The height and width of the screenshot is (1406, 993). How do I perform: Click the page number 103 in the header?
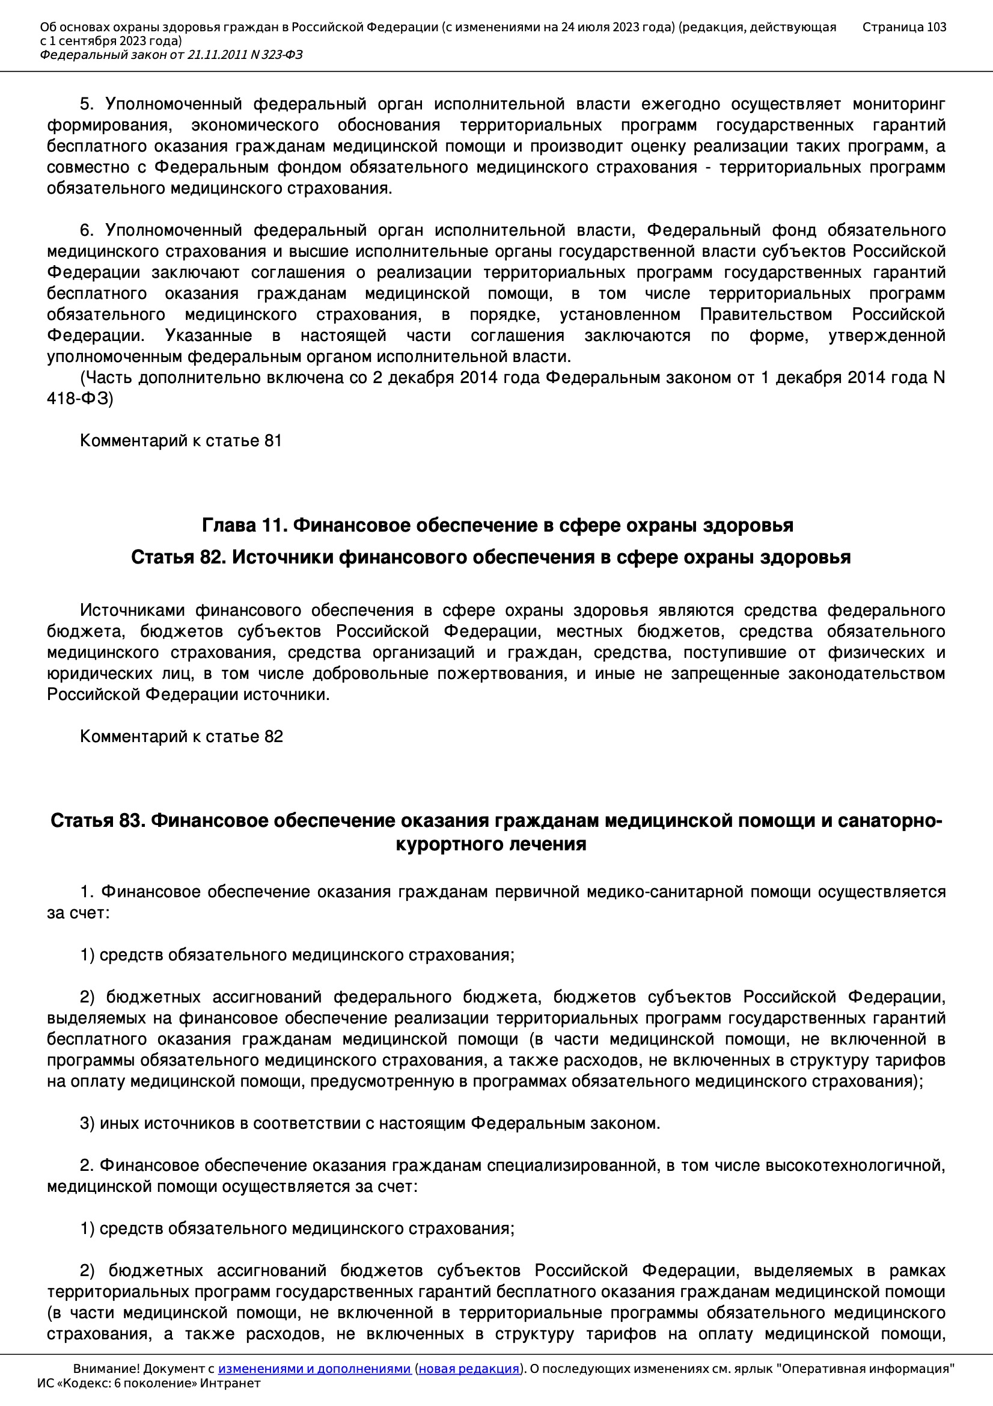pyautogui.click(x=936, y=27)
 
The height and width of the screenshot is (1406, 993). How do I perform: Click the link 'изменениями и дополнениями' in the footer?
pyautogui.click(x=314, y=1369)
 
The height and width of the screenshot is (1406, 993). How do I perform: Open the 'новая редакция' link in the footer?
pyautogui.click(x=468, y=1369)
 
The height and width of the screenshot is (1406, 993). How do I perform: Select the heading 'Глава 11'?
pyautogui.click(x=245, y=526)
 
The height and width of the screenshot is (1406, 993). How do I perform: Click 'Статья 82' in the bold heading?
pyautogui.click(x=177, y=557)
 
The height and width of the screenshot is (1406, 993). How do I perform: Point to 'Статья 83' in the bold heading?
pyautogui.click(x=97, y=821)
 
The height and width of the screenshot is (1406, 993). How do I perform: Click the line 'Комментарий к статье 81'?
pyautogui.click(x=180, y=441)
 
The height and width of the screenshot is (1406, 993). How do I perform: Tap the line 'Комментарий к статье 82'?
pyautogui.click(x=181, y=737)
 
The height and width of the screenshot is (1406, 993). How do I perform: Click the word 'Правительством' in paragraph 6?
pyautogui.click(x=766, y=315)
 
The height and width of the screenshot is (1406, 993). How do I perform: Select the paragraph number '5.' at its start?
pyautogui.click(x=87, y=105)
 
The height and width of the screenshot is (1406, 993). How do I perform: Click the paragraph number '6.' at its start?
pyautogui.click(x=87, y=231)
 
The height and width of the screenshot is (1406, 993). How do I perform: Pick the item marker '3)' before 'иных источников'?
pyautogui.click(x=87, y=1124)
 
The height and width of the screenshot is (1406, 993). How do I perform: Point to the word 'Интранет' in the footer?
pyautogui.click(x=230, y=1383)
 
